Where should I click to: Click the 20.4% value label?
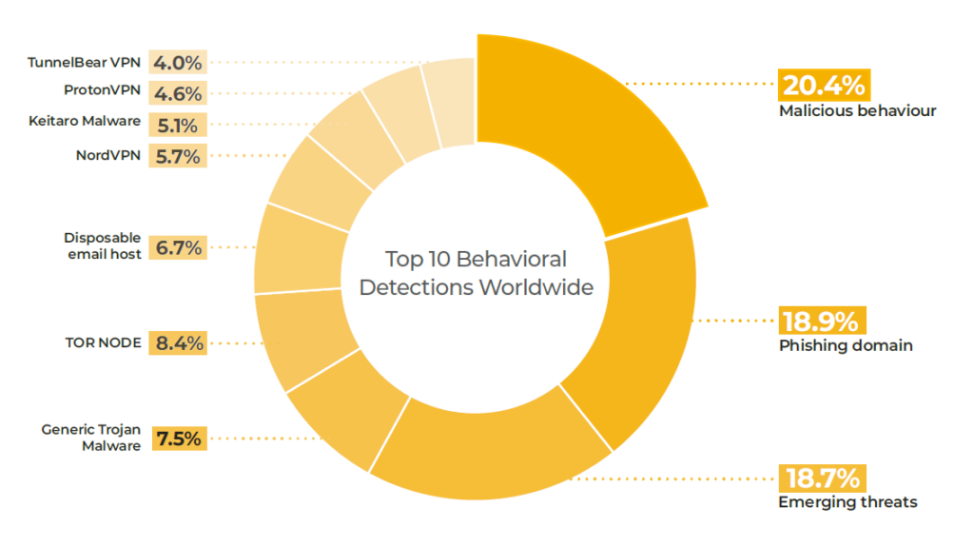823,85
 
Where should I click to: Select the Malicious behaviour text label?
857,110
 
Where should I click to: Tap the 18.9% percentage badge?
823,320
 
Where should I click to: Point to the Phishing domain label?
846,345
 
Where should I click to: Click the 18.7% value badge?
823,477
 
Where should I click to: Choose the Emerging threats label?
847,501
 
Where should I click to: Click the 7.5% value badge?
179,439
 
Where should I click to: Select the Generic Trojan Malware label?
91,438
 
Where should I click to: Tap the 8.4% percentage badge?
179,342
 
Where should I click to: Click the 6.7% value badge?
179,247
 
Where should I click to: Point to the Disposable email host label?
103,245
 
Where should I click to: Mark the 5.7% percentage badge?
179,156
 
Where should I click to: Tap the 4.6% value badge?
179,94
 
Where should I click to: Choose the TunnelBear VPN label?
85,64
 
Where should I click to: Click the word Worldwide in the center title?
536,287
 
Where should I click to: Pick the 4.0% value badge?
179,64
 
